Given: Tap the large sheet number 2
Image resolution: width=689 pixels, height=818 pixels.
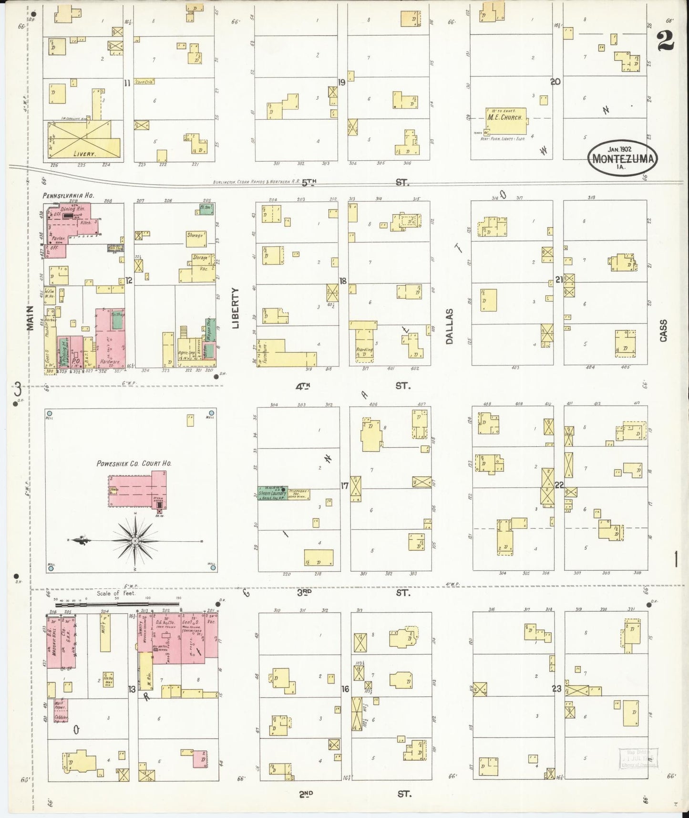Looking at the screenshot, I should coord(665,40).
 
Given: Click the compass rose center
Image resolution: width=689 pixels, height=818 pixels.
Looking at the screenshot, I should coord(135,541).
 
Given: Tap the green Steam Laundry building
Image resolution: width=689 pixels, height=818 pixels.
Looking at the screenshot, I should coord(272,493).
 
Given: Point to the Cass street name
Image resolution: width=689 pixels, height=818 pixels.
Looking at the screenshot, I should coord(663,330).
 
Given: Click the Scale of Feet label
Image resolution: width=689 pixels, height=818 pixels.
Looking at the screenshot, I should coord(116,594).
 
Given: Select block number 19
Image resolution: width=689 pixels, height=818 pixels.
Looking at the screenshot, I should coord(341,83).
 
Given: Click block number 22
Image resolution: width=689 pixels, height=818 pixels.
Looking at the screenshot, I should coord(559,485).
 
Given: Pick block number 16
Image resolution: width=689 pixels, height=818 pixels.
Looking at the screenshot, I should coord(345,689).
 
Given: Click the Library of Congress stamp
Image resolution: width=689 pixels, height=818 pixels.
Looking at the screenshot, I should coord(639,758).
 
